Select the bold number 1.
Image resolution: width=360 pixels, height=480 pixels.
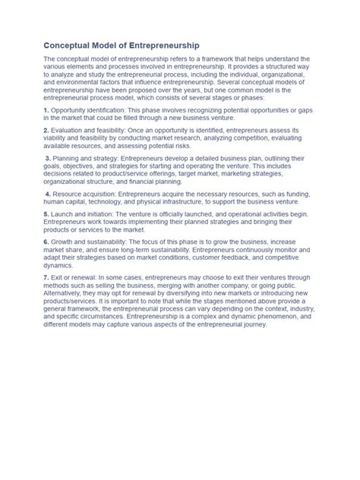pyautogui.click(x=46, y=111)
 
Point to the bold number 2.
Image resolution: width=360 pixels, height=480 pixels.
pyautogui.click(x=46, y=131)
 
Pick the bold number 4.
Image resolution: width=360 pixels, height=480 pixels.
pyautogui.click(x=48, y=194)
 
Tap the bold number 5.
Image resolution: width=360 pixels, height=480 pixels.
pyautogui.click(x=46, y=214)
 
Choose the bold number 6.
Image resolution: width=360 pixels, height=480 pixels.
pyautogui.click(x=46, y=242)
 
